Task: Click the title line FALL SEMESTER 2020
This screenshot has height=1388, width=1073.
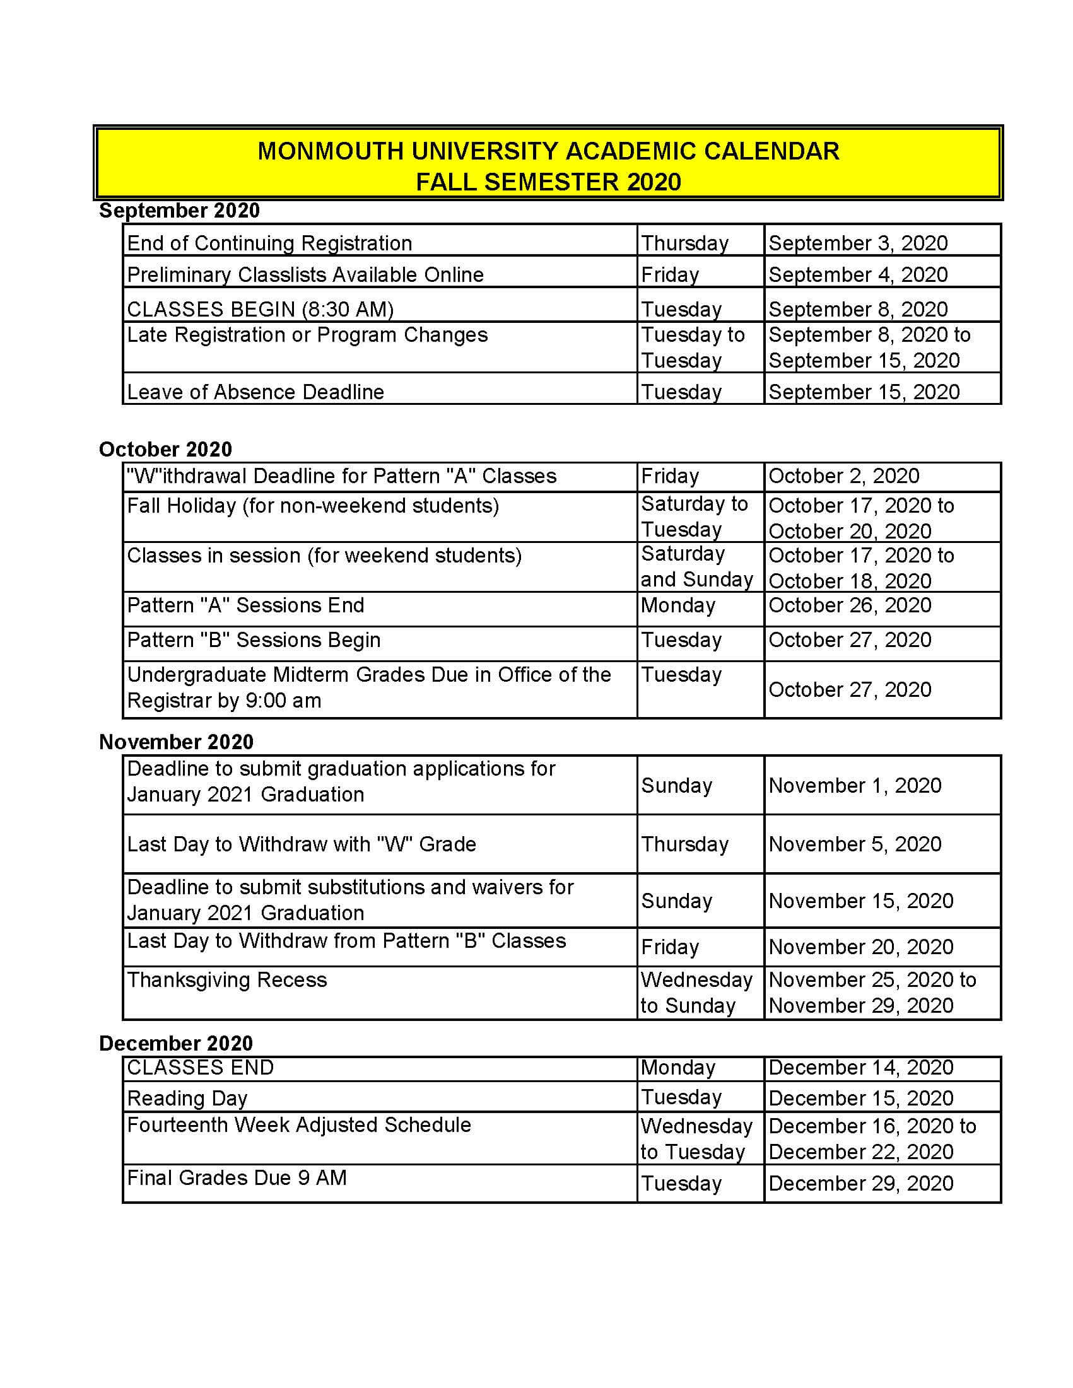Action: (548, 182)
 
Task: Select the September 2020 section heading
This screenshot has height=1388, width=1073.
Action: (179, 211)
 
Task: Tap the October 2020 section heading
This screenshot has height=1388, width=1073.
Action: (165, 450)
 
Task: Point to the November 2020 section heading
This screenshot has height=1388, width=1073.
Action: (176, 742)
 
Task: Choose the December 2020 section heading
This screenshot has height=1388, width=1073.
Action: (176, 1043)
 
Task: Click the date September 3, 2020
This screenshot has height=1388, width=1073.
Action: (857, 243)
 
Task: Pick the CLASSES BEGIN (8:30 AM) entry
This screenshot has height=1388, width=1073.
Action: (260, 309)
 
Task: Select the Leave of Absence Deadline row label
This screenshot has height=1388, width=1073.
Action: (255, 392)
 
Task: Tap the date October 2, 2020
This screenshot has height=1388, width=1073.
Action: (843, 476)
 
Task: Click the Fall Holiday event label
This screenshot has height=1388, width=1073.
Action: (313, 506)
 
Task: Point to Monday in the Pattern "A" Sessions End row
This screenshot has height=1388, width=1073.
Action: (677, 605)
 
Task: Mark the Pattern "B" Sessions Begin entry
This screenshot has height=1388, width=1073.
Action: (254, 640)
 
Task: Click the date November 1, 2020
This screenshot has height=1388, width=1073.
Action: (854, 786)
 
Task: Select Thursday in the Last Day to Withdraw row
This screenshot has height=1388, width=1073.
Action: (684, 844)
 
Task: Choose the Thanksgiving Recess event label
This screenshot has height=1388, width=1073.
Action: (227, 980)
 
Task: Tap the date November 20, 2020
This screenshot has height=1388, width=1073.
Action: (860, 947)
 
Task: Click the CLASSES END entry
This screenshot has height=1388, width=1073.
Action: (200, 1068)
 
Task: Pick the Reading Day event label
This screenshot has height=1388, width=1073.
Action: (187, 1098)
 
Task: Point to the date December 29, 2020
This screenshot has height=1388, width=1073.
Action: (860, 1183)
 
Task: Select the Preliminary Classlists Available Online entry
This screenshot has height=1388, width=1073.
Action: (305, 274)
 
